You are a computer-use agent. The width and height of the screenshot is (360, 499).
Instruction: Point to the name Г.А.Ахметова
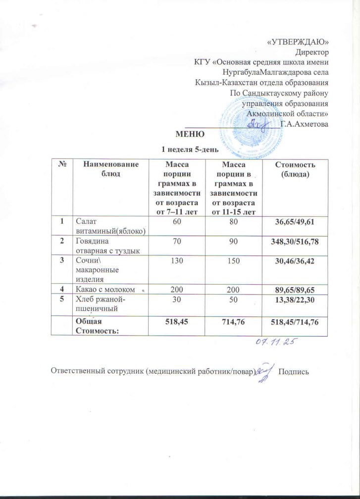304,124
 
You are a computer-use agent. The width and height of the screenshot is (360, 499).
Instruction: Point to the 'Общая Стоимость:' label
93,326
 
